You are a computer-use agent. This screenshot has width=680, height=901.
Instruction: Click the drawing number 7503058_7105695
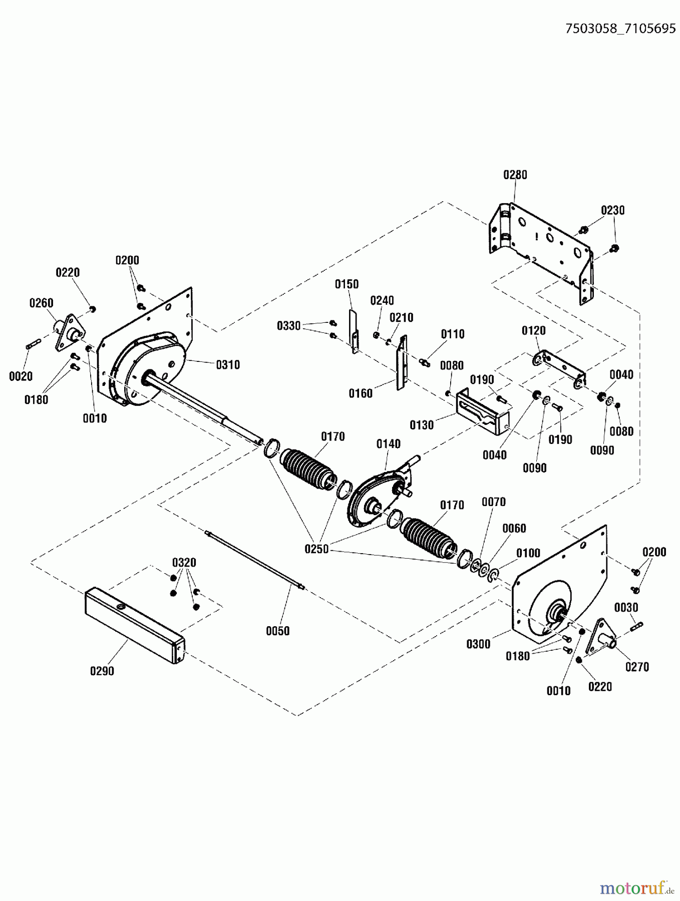(x=620, y=29)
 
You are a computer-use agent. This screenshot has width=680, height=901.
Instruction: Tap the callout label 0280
(x=515, y=175)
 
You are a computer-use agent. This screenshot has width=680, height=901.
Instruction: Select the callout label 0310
(x=228, y=364)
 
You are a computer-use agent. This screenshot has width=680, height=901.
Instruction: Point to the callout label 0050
(x=277, y=631)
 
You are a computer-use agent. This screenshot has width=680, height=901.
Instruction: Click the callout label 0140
(x=389, y=444)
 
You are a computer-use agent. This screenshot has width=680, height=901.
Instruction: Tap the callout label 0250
(x=316, y=549)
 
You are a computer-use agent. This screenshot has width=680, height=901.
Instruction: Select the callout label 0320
(x=184, y=562)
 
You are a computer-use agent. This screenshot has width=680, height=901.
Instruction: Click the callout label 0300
(x=478, y=644)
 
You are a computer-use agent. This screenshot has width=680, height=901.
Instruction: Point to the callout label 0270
(x=637, y=667)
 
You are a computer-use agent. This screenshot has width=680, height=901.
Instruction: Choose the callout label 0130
(x=421, y=425)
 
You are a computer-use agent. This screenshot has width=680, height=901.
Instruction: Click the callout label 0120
(x=533, y=330)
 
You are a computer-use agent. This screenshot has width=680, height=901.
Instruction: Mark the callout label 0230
(x=612, y=210)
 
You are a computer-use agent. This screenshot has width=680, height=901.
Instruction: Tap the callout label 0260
(x=41, y=303)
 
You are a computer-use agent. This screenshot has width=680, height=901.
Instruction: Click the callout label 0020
(x=21, y=376)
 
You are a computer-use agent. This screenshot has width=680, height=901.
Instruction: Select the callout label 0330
(x=288, y=326)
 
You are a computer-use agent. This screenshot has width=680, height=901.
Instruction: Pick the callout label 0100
(x=528, y=553)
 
